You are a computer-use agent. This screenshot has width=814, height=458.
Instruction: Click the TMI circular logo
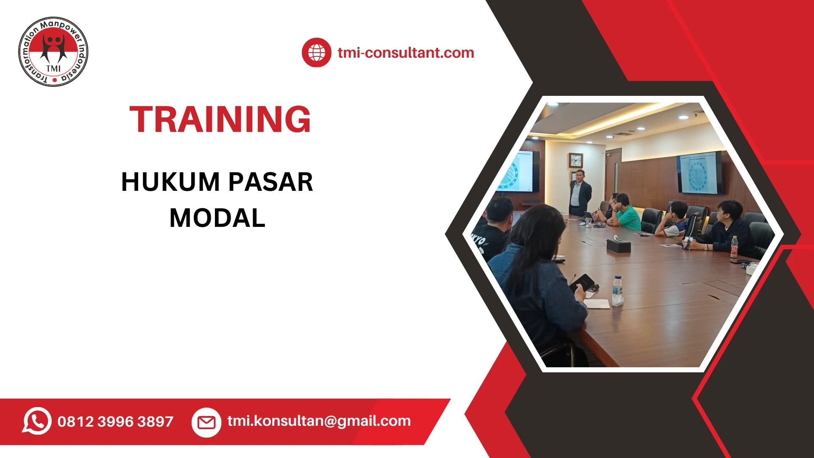click(x=53, y=52)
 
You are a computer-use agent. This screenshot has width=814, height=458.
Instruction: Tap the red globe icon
click(x=316, y=53)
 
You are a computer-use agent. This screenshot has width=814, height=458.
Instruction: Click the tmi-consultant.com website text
click(x=406, y=53)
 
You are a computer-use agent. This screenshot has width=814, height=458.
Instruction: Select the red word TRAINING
click(x=220, y=120)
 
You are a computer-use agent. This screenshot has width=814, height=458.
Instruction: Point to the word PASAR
click(x=271, y=182)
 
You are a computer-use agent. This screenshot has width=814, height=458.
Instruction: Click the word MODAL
click(x=217, y=218)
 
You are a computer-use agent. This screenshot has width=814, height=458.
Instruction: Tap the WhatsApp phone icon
click(x=37, y=421)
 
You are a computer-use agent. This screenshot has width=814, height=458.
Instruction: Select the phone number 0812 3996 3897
click(x=115, y=422)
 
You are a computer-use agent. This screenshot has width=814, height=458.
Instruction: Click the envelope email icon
click(x=206, y=422)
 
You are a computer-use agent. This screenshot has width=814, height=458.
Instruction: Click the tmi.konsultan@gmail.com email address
click(x=319, y=421)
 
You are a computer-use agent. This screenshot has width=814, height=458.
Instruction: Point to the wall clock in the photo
click(x=576, y=160)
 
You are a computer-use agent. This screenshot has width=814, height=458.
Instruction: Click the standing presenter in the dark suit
click(x=580, y=193)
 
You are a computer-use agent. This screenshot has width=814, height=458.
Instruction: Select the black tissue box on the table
click(x=618, y=246)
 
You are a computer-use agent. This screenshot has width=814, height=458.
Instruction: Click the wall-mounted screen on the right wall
click(x=699, y=173)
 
